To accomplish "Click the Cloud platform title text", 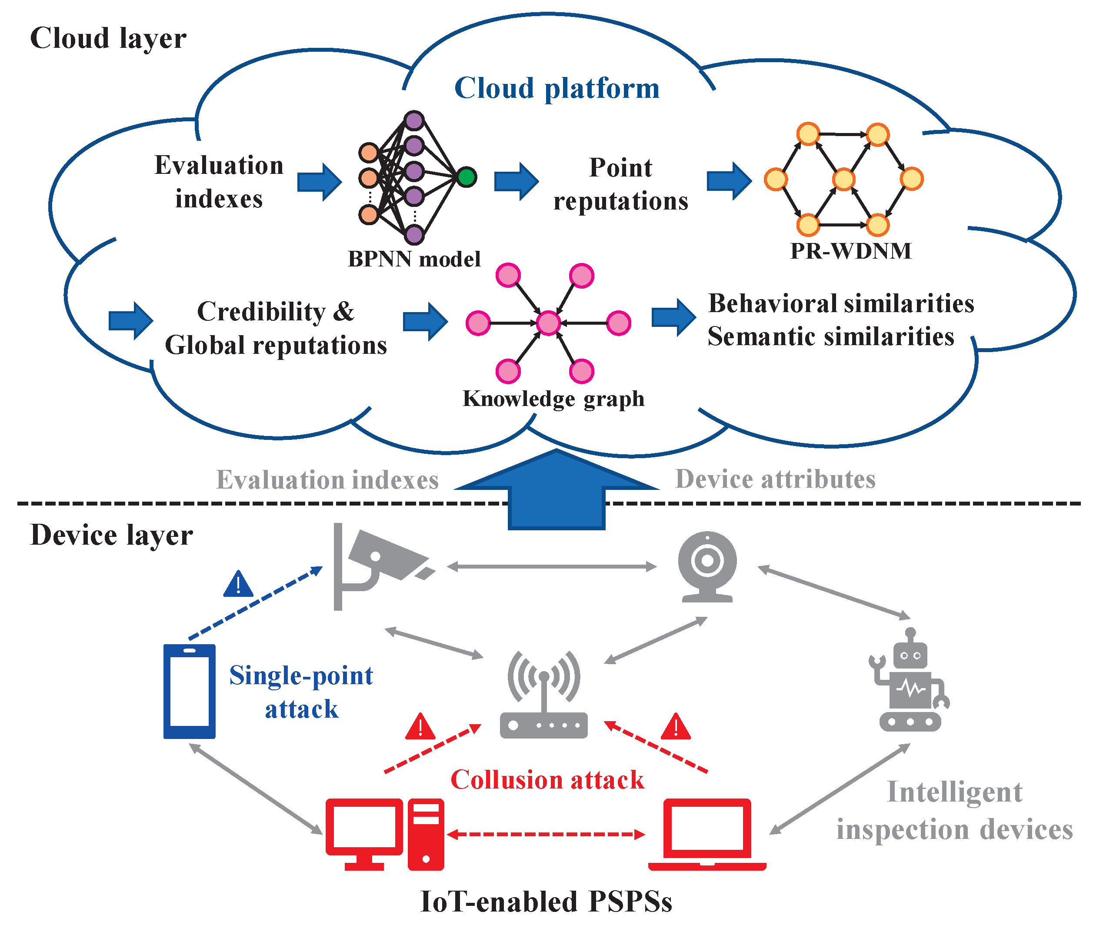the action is pyautogui.click(x=556, y=88).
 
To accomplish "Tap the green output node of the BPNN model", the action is pyautogui.click(x=466, y=177).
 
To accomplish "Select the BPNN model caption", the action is pyautogui.click(x=414, y=259).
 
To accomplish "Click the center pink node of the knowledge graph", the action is pyautogui.click(x=548, y=323).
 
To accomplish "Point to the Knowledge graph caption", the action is pyautogui.click(x=553, y=399).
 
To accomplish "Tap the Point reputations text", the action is pyautogui.click(x=620, y=184).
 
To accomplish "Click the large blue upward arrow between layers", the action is pyautogui.click(x=556, y=490).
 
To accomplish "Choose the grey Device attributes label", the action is pyautogui.click(x=775, y=479).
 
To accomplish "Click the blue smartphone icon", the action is pyautogui.click(x=189, y=691).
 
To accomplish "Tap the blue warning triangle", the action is pyautogui.click(x=238, y=584).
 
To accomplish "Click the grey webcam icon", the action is pyautogui.click(x=707, y=566).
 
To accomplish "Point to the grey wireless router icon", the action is pyautogui.click(x=543, y=695).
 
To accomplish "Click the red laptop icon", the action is pyautogui.click(x=707, y=834).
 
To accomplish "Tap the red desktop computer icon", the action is pyautogui.click(x=384, y=834).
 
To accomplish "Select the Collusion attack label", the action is pyautogui.click(x=547, y=780).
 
